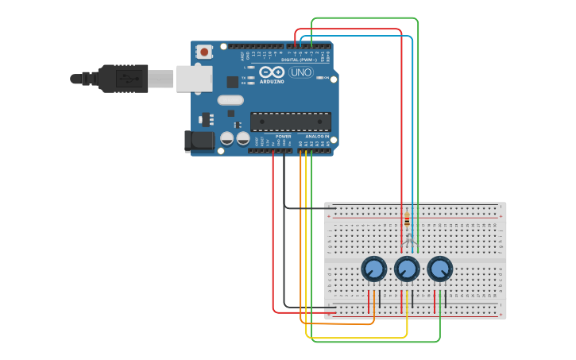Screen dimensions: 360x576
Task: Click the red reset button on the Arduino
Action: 204,52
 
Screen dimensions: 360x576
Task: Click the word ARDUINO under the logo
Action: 272,81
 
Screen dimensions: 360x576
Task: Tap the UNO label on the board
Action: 300,72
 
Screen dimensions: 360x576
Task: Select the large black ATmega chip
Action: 291,122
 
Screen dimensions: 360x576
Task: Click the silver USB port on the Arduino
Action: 195,78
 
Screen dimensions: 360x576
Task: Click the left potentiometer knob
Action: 373,269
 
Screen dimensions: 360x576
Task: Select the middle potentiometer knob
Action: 407,269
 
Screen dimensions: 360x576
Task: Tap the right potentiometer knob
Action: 440,269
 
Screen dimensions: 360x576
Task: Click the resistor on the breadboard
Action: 408,220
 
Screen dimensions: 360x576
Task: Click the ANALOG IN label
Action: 316,137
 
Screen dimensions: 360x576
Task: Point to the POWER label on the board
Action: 283,137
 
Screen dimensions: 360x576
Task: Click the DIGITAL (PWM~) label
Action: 299,60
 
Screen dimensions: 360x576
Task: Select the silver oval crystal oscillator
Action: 230,100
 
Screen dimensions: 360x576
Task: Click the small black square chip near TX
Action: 232,82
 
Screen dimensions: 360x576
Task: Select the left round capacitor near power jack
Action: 227,138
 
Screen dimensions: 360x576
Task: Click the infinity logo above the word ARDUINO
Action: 272,72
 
